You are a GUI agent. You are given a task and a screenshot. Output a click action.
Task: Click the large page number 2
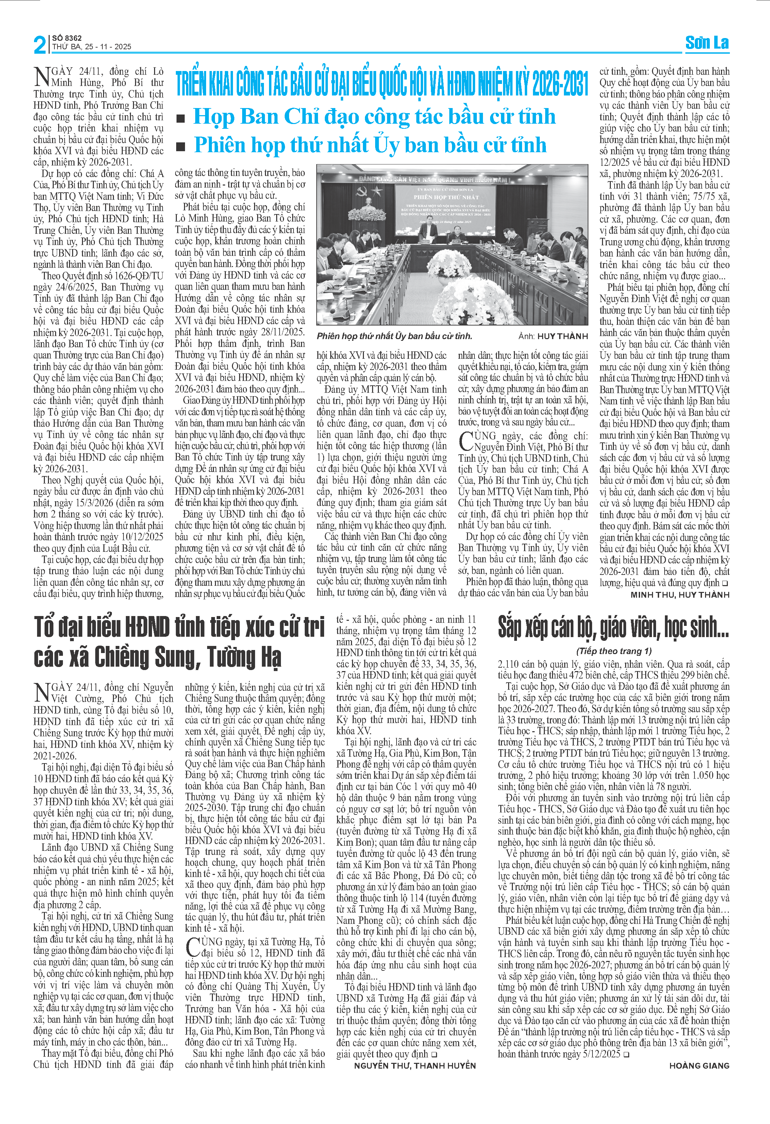[x=40, y=45]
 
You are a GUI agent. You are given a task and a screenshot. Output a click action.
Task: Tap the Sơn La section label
[x=707, y=43]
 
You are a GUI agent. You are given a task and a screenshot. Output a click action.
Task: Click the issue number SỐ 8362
[x=67, y=38]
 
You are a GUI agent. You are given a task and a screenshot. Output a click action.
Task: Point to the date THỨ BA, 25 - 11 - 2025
[x=91, y=47]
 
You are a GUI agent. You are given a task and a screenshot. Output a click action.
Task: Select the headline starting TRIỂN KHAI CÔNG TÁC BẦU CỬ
[x=381, y=83]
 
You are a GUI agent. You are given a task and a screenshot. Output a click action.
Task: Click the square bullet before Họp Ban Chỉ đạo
[x=181, y=119]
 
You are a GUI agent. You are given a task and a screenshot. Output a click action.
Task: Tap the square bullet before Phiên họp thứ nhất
[x=181, y=146]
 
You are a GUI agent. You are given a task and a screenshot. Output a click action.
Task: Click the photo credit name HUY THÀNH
[x=563, y=336]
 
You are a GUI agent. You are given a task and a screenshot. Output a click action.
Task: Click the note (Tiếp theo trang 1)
[x=614, y=651]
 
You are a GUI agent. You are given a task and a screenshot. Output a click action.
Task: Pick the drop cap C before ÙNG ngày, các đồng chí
[x=466, y=441]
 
